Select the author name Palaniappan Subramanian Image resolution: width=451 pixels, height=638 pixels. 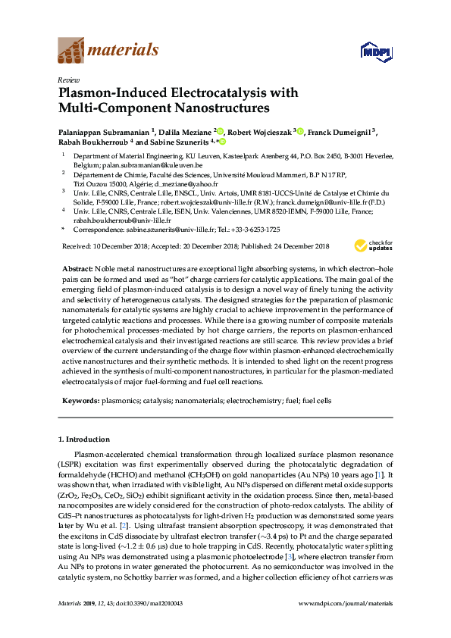(104, 131)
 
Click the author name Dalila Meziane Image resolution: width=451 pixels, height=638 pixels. (185, 131)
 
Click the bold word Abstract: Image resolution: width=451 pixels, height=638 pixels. (77, 269)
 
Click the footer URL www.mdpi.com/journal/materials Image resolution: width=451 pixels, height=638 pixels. (346, 624)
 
